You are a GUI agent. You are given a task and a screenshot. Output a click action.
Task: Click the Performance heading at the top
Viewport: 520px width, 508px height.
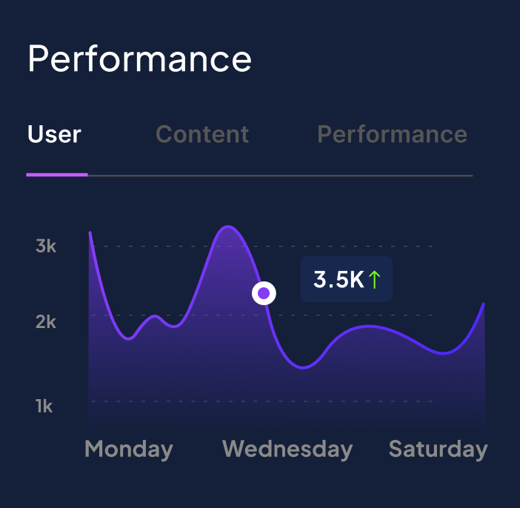tap(139, 59)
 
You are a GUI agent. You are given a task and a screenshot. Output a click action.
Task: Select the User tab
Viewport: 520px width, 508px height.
tap(54, 135)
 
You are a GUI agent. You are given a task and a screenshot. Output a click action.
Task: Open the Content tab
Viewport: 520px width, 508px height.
tap(202, 135)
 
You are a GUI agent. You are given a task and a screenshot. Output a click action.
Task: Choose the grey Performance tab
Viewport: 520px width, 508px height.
tap(392, 135)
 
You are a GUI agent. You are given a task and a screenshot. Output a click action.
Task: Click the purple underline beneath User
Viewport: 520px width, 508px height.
tap(57, 175)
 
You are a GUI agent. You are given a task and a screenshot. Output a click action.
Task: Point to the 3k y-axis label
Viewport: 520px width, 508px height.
tap(46, 246)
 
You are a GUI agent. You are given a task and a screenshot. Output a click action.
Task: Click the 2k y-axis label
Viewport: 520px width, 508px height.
tap(46, 322)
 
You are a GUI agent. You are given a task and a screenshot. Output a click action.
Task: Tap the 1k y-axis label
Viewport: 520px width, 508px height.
tap(44, 406)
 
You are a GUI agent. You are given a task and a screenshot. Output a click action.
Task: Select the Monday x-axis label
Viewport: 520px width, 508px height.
tap(129, 449)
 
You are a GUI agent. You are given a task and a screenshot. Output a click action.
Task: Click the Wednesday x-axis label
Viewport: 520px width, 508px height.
tap(287, 449)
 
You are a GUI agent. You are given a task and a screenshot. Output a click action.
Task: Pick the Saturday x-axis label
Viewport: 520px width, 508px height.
tap(438, 449)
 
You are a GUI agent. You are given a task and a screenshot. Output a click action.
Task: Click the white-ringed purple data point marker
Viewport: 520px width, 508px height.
tap(264, 294)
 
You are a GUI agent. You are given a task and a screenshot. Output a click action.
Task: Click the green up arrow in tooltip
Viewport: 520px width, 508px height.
tap(375, 279)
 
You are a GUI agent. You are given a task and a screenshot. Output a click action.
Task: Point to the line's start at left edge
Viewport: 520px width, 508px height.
tap(90, 233)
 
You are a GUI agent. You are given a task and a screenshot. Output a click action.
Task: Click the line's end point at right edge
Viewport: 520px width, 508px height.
tap(484, 304)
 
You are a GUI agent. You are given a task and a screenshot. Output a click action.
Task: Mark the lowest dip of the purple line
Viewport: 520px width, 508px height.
tap(304, 367)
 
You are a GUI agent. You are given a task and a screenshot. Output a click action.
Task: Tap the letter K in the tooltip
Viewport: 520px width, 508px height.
tap(356, 280)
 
